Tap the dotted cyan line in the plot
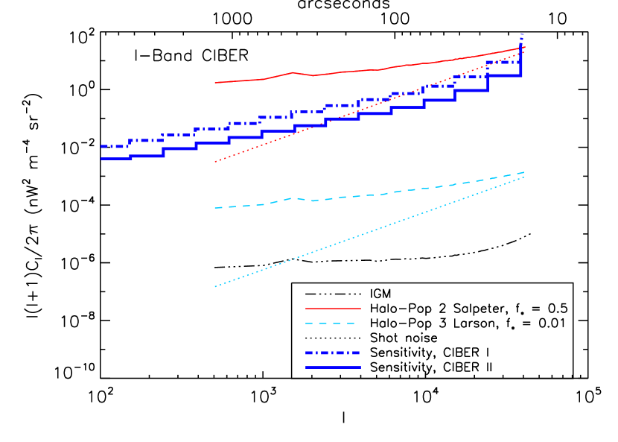357,236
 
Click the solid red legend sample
333,308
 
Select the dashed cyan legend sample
333,323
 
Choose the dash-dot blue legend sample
333,353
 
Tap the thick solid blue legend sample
333,367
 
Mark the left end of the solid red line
215,83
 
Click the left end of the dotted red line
215,161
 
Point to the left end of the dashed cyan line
215,208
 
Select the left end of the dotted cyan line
215,286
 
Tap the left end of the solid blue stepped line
102,159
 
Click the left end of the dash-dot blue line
102,146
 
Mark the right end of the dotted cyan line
524,177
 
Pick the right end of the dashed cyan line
524,172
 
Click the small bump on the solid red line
293,73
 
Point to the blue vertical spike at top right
521,41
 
